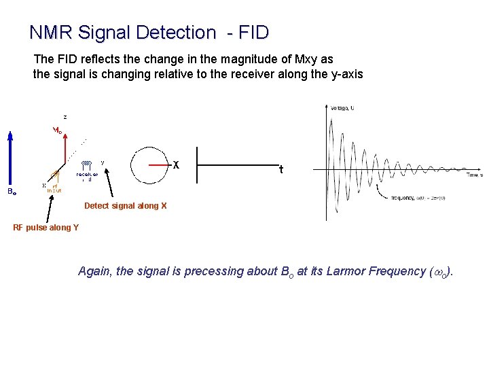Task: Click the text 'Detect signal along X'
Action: click(125, 206)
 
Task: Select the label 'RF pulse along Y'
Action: click(46, 228)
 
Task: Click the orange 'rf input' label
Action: click(54, 188)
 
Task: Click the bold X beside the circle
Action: click(176, 165)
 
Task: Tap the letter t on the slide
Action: click(281, 170)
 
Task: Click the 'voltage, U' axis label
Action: click(343, 107)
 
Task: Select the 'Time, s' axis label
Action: click(473, 175)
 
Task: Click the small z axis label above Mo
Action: click(65, 116)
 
